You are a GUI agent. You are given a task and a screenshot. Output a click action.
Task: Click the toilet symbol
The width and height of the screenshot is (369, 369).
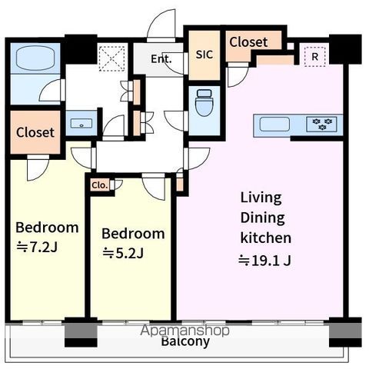tap(204, 102)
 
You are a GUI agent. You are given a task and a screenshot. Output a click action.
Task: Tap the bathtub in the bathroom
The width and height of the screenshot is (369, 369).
tap(35, 58)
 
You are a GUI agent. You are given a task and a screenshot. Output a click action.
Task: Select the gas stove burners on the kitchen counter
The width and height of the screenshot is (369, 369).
tap(321, 124)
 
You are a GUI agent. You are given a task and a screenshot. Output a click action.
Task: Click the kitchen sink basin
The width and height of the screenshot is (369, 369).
tap(274, 124)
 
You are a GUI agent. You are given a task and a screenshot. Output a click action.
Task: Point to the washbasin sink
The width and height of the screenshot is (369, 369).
tap(81, 124)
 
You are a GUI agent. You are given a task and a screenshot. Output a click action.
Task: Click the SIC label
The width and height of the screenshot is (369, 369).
tap(204, 55)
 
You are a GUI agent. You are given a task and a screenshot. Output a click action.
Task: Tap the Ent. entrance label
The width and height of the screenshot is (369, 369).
tap(161, 59)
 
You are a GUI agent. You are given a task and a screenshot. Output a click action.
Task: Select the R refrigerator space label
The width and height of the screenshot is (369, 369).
tap(314, 56)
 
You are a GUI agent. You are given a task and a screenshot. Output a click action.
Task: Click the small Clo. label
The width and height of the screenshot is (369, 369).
tap(99, 185)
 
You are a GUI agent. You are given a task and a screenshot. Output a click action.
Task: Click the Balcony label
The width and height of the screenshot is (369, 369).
tap(185, 341)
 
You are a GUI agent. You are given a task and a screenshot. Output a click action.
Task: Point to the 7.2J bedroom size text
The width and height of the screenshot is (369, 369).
tap(37, 247)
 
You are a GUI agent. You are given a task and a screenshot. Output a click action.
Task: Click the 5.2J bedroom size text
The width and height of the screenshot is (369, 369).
tap(123, 253)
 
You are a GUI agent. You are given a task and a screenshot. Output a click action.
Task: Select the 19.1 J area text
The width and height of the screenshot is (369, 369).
tap(264, 261)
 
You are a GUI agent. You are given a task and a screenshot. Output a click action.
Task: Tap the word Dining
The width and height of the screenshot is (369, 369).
tap(262, 218)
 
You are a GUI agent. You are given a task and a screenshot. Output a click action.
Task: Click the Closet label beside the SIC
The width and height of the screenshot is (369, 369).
tap(248, 42)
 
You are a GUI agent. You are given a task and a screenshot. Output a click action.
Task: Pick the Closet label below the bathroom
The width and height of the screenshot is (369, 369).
tap(35, 132)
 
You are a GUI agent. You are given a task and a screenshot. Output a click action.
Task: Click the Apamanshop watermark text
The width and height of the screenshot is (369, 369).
tap(184, 331)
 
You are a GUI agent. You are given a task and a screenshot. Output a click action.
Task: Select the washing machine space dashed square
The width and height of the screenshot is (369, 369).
tap(112, 58)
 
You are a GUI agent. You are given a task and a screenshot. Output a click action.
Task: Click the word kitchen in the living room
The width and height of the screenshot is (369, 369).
tap(266, 238)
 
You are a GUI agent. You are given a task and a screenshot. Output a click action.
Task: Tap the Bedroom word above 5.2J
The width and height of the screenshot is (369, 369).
tap(133, 234)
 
